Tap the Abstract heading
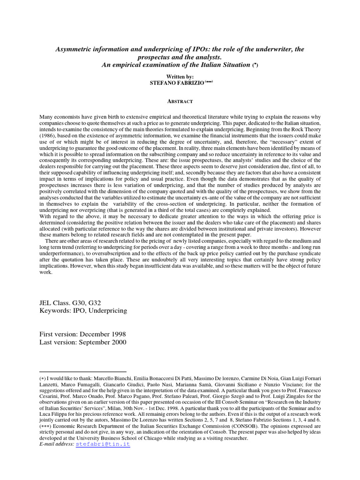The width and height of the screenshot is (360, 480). pyautogui.click(x=180, y=101)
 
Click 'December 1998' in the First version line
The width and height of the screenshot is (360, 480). pyautogui.click(x=103, y=334)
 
